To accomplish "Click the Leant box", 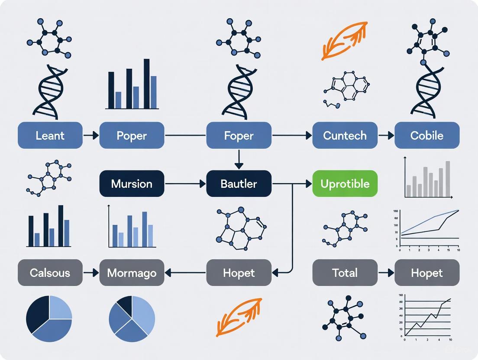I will [x=50, y=135].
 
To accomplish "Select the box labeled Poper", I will [x=132, y=135].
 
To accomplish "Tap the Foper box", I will [x=239, y=135].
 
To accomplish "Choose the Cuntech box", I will [x=345, y=135].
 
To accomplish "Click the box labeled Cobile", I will [x=426, y=135].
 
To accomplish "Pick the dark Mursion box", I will [x=132, y=184].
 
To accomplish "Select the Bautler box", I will [x=239, y=184].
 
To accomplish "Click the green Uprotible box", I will [x=345, y=184].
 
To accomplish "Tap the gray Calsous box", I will [x=50, y=273].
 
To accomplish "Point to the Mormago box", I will [x=132, y=273].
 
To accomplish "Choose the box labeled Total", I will [x=345, y=273].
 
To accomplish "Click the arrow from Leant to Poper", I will [x=91, y=135].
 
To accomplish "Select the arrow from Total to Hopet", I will [x=385, y=273].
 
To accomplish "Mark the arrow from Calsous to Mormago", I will [x=91, y=273].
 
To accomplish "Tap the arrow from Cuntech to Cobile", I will [x=385, y=135].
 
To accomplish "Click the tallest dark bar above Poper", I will [x=146, y=84].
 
